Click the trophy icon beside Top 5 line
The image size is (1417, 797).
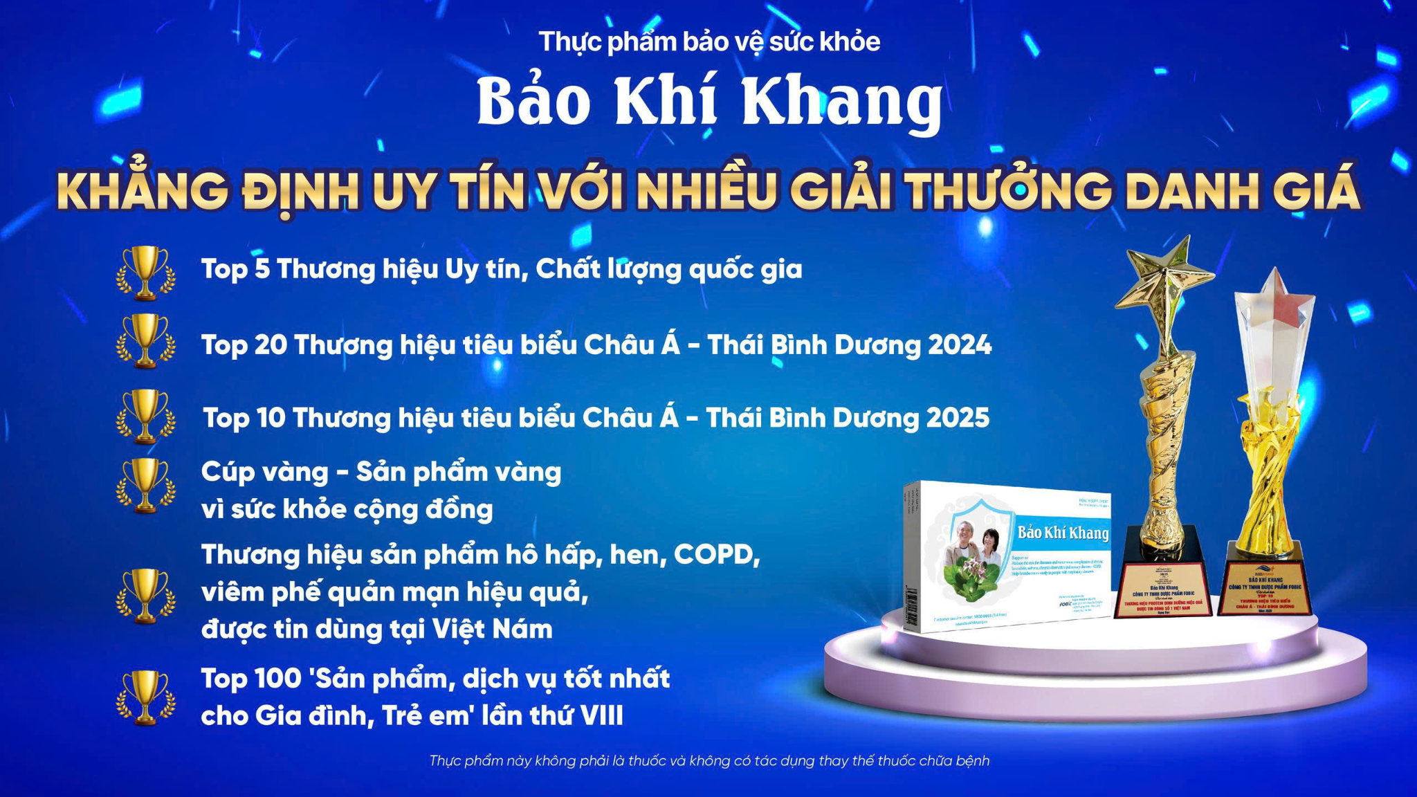(x=145, y=273)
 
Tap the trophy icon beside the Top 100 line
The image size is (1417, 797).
(x=145, y=697)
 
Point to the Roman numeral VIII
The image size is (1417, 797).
(x=601, y=715)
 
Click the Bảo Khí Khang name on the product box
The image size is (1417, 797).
(x=1062, y=532)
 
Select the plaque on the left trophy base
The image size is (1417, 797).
(x=1162, y=592)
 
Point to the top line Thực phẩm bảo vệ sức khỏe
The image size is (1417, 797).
(x=709, y=42)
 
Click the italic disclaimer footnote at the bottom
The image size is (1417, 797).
(x=709, y=760)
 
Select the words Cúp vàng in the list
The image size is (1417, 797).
(x=264, y=472)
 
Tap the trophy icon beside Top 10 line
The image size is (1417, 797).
(x=145, y=416)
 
